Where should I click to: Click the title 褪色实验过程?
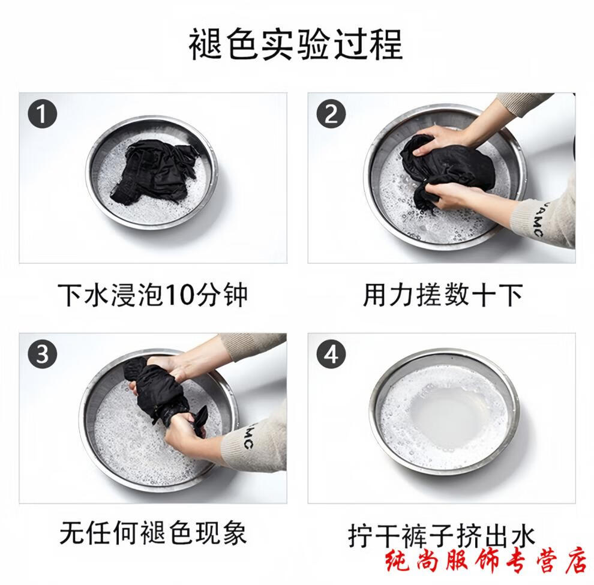296,44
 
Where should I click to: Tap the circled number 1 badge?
43,113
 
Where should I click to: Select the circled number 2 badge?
331,113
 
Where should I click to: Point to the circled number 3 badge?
43,355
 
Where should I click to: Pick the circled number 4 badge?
331,355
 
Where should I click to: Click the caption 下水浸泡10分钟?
153,295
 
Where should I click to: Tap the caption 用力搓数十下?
443,295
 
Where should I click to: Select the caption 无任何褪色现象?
153,533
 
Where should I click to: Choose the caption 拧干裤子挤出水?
442,535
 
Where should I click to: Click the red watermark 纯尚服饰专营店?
487,562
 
